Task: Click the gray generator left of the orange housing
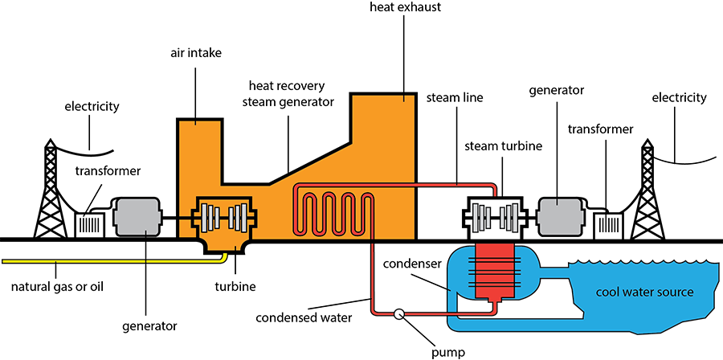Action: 139,217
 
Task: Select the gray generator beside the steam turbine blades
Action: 560,217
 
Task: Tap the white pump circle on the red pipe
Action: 396,314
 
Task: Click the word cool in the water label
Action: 607,292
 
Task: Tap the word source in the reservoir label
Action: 676,292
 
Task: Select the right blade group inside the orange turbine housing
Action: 238,217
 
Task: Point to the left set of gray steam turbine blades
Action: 481,216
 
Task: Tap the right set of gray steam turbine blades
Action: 509,216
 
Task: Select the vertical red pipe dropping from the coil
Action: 374,273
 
